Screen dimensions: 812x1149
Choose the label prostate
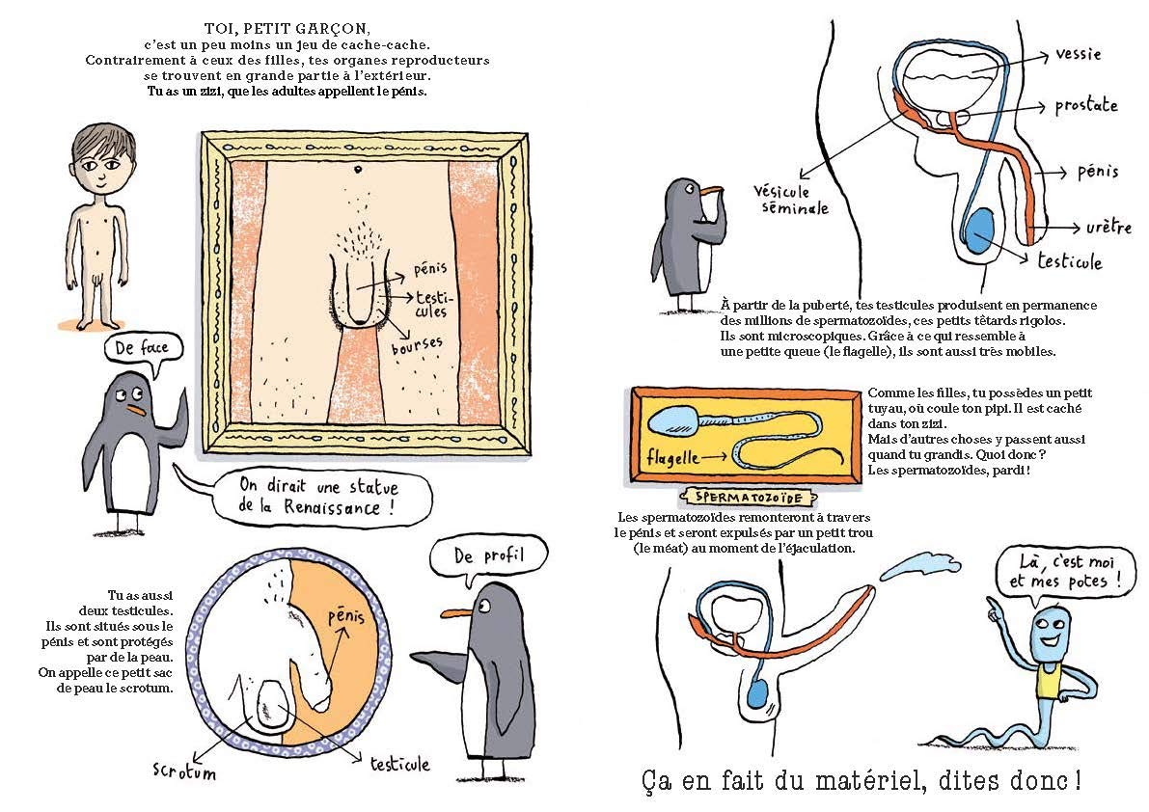pos(1085,104)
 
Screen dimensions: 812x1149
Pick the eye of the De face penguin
pos(135,393)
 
